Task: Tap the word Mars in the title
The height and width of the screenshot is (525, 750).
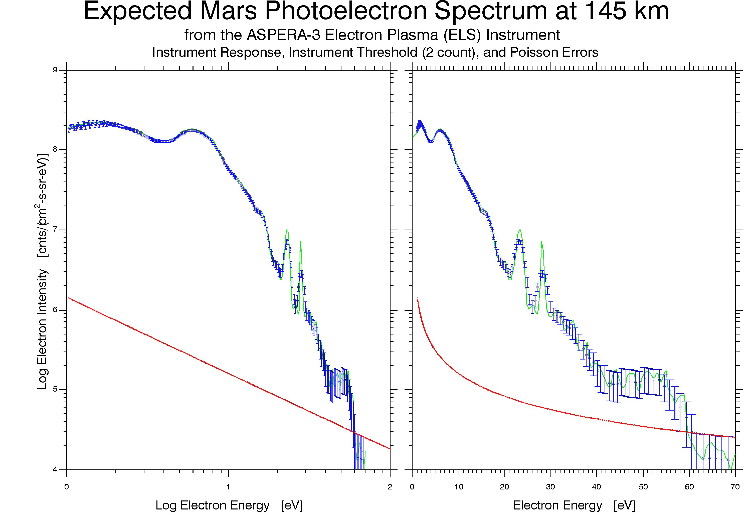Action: click(228, 12)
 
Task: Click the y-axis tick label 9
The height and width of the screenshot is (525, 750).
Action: click(55, 70)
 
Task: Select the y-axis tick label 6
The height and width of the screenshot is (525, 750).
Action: click(55, 310)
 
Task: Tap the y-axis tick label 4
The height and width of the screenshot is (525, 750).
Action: click(55, 469)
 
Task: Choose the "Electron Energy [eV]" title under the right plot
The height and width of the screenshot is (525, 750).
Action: click(574, 505)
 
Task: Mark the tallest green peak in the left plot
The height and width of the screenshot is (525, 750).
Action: click(287, 230)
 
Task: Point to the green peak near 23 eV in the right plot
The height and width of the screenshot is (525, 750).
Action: click(520, 230)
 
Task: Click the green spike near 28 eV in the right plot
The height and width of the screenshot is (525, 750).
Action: click(541, 242)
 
